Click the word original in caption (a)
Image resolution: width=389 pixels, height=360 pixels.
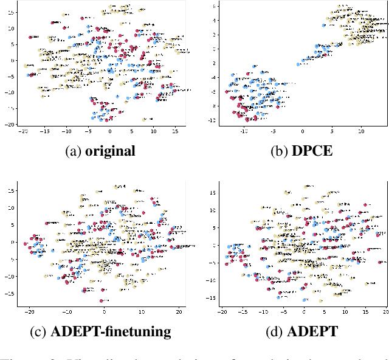(110, 151)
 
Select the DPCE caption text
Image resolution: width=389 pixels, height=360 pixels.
(313, 151)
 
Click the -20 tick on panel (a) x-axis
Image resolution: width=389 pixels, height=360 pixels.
(24, 131)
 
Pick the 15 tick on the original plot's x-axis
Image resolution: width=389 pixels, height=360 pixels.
(174, 131)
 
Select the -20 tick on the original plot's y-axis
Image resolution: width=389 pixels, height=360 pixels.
(11, 123)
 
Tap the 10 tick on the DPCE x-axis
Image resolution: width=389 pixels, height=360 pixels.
(361, 131)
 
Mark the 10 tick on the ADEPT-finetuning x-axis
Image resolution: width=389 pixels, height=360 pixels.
(142, 312)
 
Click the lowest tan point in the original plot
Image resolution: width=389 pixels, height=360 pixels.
(144, 120)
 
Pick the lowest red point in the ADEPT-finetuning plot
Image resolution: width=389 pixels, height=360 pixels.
(101, 300)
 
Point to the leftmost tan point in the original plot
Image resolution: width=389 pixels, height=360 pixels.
(26, 66)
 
